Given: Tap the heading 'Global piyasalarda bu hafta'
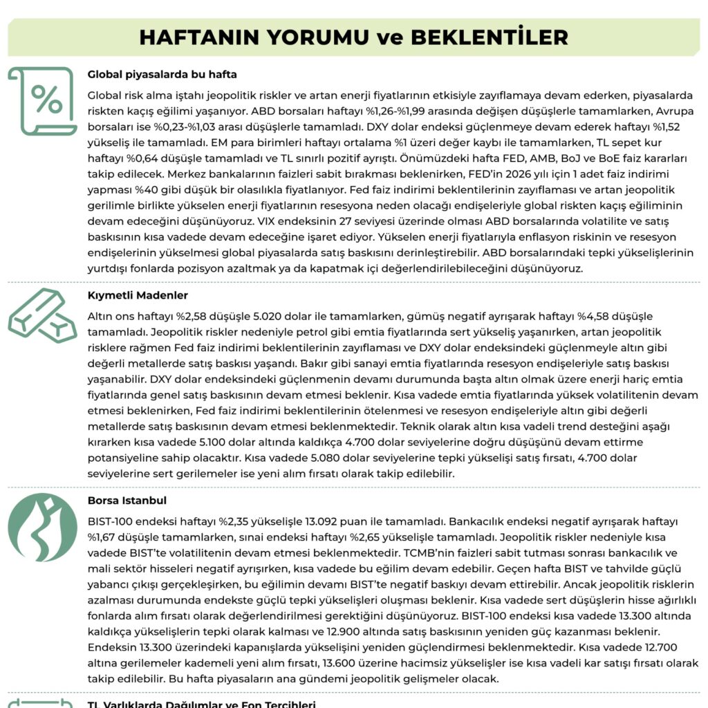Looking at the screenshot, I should [162, 74].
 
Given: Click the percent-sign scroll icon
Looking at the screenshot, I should [42, 101].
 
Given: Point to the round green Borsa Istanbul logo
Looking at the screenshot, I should [42, 528].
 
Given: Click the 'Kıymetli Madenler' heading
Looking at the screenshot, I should [138, 295].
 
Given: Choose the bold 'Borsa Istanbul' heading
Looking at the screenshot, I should [127, 500].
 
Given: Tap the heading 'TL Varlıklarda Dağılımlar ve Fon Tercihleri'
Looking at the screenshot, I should [201, 704].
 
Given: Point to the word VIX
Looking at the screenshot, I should [270, 223].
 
